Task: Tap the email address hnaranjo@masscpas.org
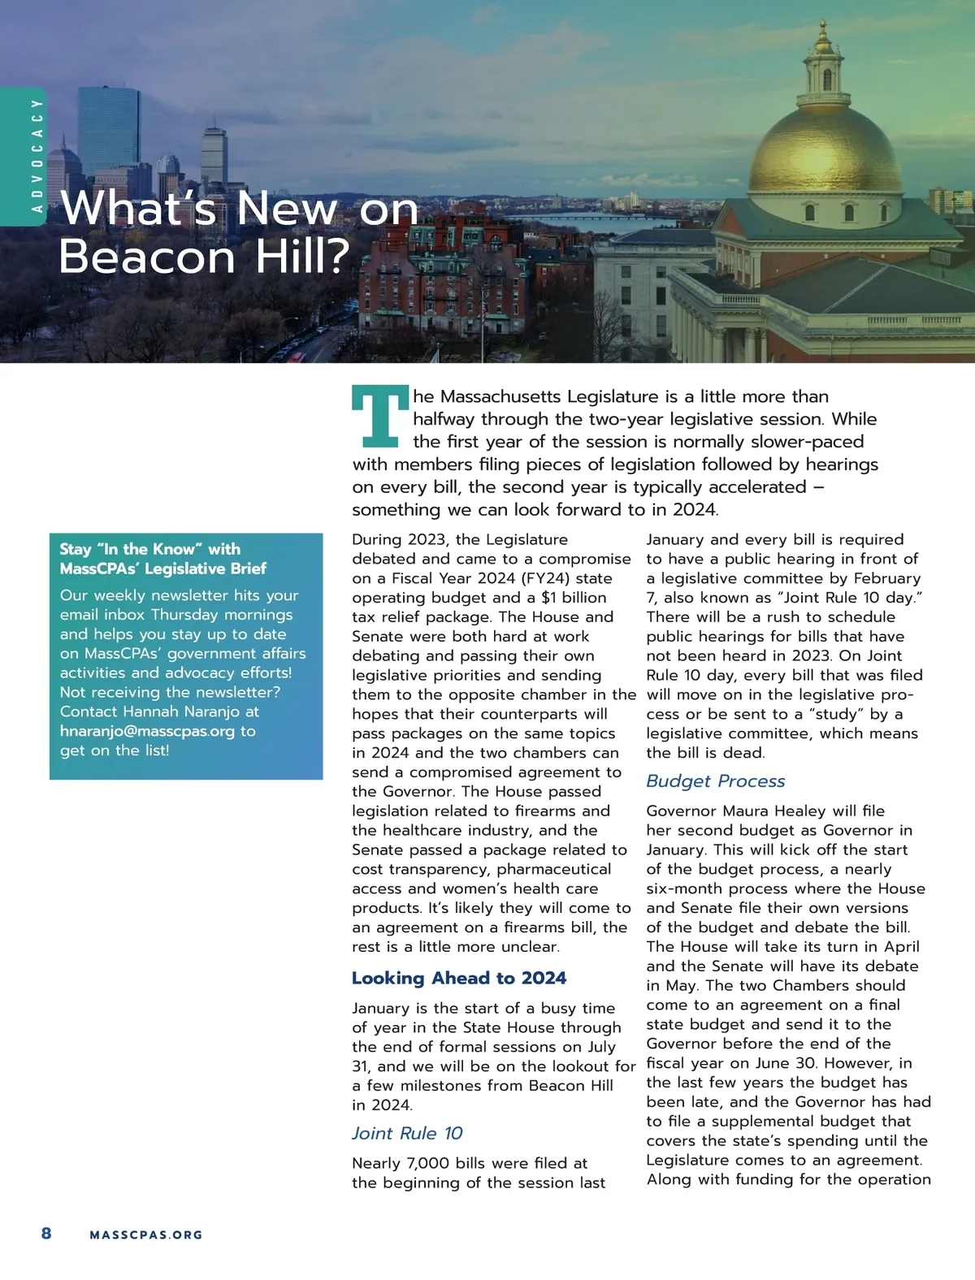pos(147,731)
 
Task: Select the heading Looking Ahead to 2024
pos(458,978)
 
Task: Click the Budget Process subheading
pos(715,781)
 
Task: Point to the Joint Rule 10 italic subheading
pos(407,1134)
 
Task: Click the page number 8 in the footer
pos(46,1234)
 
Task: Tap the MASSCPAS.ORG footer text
pos(146,1235)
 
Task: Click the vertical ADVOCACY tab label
pos(36,155)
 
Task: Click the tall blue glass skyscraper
pos(108,130)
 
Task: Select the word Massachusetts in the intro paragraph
pos(500,397)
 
